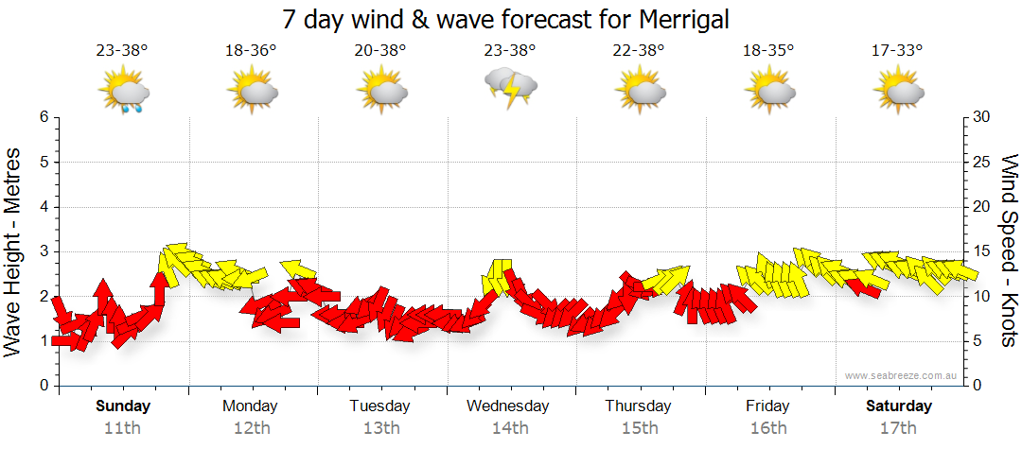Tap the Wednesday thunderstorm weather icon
click(x=512, y=89)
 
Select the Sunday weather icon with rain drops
click(x=123, y=93)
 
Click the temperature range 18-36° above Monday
click(x=251, y=51)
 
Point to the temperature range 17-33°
click(x=897, y=51)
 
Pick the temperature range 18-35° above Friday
click(x=767, y=51)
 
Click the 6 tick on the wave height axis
click(x=44, y=117)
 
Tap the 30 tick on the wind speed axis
click(x=981, y=117)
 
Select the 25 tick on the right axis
click(x=981, y=162)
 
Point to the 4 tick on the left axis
click(x=44, y=207)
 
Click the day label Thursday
click(x=638, y=406)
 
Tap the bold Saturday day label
click(x=899, y=406)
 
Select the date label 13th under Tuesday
click(x=380, y=428)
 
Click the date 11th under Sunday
click(x=123, y=428)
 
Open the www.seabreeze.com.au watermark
click(x=902, y=376)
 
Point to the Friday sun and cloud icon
click(x=769, y=92)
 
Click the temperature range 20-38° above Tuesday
click(x=380, y=51)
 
